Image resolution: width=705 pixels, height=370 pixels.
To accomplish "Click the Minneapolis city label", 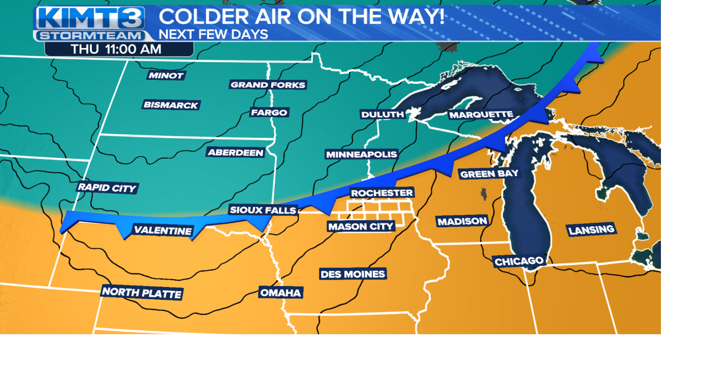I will [x=361, y=154].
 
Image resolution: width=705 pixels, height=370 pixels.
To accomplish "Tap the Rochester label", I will [x=382, y=193].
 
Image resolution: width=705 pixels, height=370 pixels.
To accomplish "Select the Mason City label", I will [x=361, y=226].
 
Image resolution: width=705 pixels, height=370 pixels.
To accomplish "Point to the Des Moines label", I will [x=352, y=274].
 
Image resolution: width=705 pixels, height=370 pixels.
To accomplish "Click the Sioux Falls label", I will [x=263, y=210].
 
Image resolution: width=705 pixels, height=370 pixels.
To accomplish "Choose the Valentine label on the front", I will [x=162, y=230].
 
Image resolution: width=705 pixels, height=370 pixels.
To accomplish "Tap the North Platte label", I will [x=142, y=292].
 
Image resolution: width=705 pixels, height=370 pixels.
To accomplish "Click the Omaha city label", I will [x=281, y=292].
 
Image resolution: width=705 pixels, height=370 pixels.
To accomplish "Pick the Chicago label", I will [x=519, y=261].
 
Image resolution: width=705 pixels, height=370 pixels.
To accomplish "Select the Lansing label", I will [x=591, y=230].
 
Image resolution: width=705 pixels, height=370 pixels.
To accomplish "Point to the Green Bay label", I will [x=489, y=173].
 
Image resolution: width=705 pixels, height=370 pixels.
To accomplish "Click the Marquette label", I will [x=481, y=115].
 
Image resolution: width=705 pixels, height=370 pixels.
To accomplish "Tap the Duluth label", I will [x=382, y=115].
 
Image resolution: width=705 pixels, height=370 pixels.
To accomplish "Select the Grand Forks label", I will [x=268, y=85].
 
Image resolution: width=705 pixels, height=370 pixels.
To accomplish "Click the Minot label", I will [x=166, y=75].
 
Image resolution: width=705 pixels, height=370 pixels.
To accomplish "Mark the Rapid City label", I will [x=107, y=188].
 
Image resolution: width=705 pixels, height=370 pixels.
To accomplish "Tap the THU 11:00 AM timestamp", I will [x=116, y=49].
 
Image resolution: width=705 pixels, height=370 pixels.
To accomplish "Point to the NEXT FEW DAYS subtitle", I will [x=213, y=34].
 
